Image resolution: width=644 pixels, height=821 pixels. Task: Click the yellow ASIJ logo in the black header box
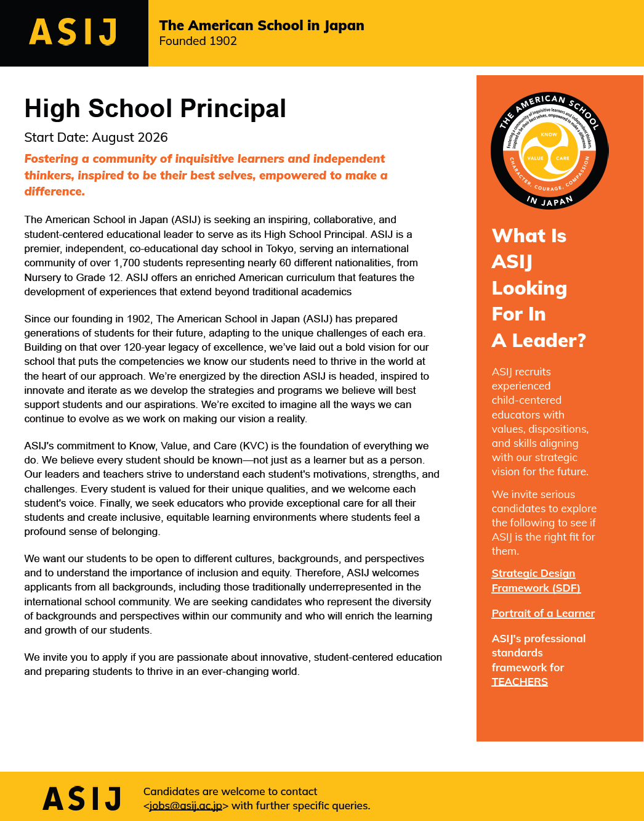pos(73,32)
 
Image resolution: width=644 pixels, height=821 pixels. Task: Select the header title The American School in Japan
pos(261,25)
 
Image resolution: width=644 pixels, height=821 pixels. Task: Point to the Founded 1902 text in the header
pos(198,41)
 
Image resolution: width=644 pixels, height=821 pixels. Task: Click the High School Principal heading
pos(155,108)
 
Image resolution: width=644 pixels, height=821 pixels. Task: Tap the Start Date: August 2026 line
pos(96,137)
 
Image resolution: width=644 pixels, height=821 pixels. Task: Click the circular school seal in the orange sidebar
pos(549,150)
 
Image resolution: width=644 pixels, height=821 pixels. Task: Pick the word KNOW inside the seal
pos(549,134)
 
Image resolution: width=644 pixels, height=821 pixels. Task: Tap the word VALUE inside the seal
pos(535,158)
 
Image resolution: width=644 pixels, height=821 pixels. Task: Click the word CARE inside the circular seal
pos(563,158)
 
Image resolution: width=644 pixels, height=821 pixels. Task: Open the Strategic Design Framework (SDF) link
pos(535,581)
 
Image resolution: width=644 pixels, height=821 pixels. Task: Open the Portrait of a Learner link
pos(543,613)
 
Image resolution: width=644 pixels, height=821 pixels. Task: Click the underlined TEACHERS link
pos(520,682)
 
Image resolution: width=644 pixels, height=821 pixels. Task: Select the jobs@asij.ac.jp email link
pos(185,806)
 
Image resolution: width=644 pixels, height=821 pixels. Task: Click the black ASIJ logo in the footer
pos(82,799)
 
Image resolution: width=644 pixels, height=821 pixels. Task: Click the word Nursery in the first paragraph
pos(43,277)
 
